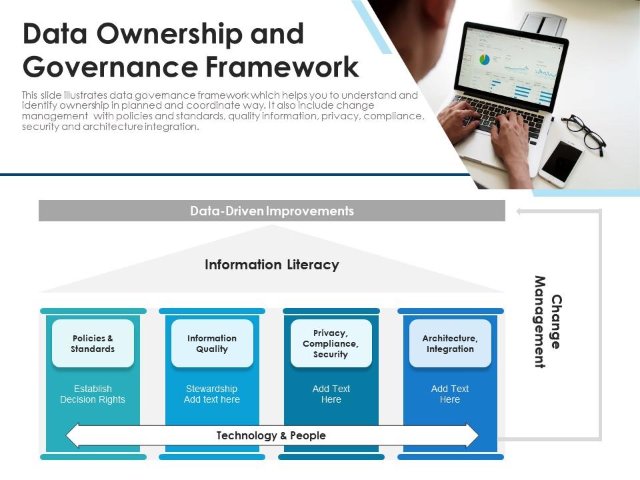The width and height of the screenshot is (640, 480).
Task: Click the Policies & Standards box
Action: point(93,343)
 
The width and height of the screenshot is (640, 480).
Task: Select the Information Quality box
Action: point(212,343)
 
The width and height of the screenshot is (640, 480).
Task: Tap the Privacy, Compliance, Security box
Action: point(331,343)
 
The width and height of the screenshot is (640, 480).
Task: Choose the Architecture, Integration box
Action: point(450,343)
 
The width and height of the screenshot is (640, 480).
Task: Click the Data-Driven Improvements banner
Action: point(271,211)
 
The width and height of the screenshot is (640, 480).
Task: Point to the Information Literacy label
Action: point(271,265)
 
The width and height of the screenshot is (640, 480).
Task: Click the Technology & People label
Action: point(271,435)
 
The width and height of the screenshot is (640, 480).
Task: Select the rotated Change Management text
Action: point(548,322)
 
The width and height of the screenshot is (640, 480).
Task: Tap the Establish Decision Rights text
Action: point(93,394)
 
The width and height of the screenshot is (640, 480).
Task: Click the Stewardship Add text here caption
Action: point(212,394)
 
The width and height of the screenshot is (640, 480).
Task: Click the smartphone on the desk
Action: point(561,163)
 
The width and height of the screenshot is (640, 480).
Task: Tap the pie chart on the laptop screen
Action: point(485,60)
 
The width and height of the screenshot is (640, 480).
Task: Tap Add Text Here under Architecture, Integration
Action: point(450,394)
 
